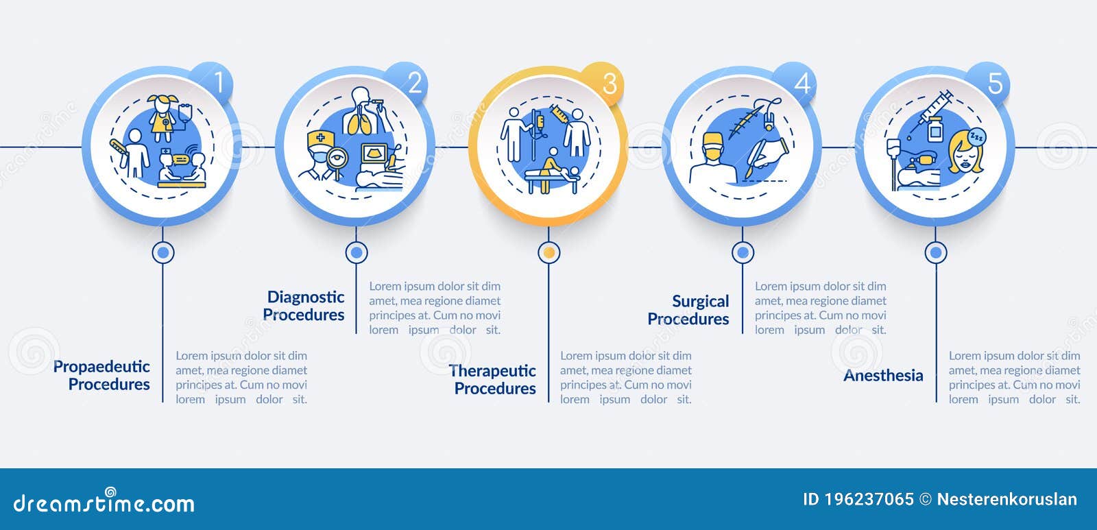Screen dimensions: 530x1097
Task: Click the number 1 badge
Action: [218, 83]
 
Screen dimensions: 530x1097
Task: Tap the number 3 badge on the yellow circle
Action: [608, 84]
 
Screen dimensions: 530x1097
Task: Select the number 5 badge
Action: [995, 84]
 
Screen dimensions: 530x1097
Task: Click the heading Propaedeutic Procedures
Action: [102, 375]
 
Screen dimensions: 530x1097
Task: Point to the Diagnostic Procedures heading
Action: [304, 306]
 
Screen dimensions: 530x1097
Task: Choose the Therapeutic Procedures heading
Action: [493, 379]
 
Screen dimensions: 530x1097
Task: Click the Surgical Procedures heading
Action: [688, 310]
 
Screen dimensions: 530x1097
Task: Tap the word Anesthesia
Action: [883, 375]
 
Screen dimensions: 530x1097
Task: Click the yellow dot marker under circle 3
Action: [548, 252]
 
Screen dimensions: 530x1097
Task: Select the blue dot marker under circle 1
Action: [163, 252]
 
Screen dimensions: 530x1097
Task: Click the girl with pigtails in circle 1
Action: [163, 117]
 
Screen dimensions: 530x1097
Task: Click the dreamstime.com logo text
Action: [104, 503]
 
